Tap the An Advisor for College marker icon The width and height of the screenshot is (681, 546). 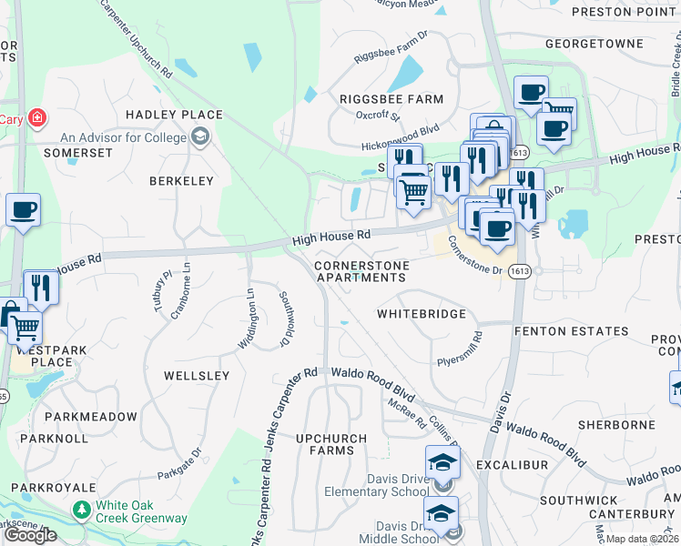tap(200, 138)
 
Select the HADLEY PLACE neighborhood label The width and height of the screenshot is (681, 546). tap(174, 115)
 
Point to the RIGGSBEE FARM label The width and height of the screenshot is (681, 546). tap(391, 99)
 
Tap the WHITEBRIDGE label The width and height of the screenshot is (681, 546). tap(422, 314)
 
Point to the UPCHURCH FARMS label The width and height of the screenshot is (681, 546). tap(331, 445)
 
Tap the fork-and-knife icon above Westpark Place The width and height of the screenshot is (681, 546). tap(41, 287)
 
